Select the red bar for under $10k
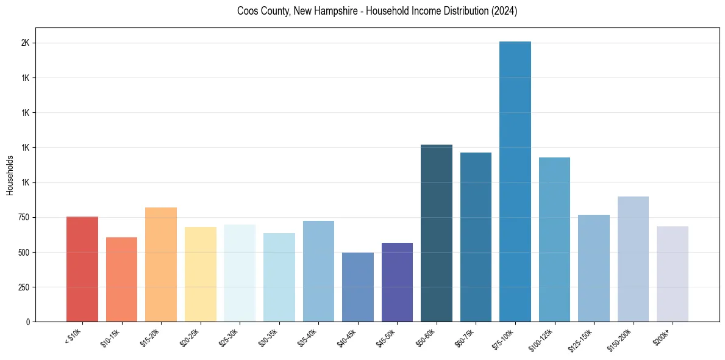click(82, 269)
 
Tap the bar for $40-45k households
click(358, 287)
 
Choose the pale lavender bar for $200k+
click(673, 274)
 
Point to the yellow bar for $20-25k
click(201, 274)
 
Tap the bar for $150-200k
click(633, 259)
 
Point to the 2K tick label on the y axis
click(25, 43)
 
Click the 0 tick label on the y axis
click(29, 322)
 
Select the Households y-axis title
click(10, 175)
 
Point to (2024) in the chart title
click(504, 11)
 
